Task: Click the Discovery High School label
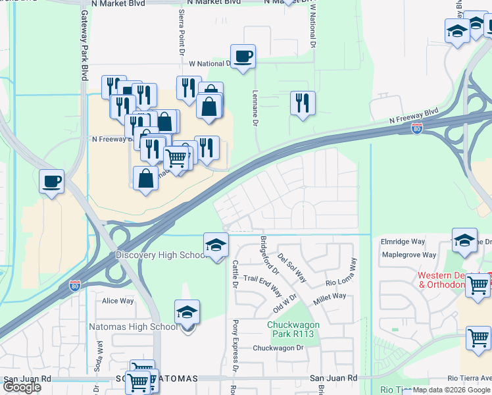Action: point(161,255)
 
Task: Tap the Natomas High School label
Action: point(133,327)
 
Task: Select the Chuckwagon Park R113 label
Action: point(293,329)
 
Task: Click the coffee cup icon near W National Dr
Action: point(243,56)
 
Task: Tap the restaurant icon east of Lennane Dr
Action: point(303,103)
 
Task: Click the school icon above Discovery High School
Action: point(215,246)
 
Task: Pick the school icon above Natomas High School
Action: point(187,312)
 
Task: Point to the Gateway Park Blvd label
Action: point(84,45)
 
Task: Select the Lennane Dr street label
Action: point(254,110)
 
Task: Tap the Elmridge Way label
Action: point(403,242)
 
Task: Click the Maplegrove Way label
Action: point(408,255)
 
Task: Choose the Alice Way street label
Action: point(118,301)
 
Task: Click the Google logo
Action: point(22,387)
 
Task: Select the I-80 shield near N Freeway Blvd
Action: point(416,130)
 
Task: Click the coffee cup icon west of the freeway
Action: point(51,181)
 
